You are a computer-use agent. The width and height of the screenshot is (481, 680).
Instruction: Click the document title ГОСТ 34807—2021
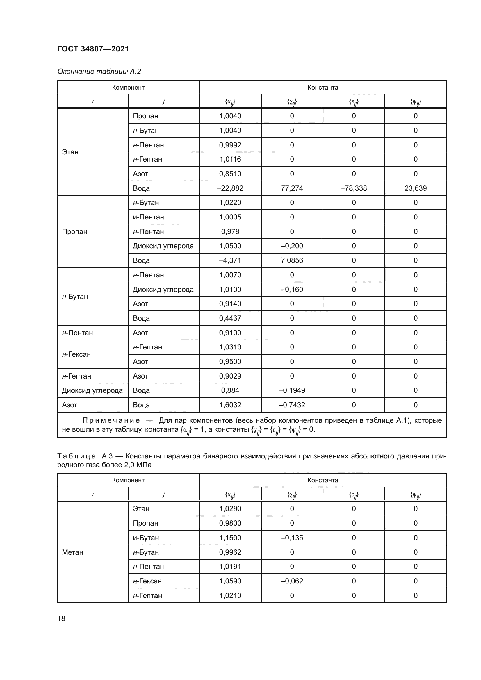click(x=93, y=49)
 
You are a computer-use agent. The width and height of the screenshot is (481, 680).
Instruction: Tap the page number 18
click(x=61, y=618)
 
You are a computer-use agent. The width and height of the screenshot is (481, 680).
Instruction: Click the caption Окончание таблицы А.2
click(x=99, y=72)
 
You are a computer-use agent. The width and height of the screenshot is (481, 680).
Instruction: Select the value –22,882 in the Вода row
click(x=230, y=188)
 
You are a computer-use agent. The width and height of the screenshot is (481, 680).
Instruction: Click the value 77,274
click(x=292, y=188)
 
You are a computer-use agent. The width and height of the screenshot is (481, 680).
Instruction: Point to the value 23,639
click(x=415, y=188)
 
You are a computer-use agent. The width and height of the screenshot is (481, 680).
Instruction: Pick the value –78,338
click(x=354, y=188)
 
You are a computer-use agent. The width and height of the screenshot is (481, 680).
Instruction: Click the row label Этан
click(x=70, y=152)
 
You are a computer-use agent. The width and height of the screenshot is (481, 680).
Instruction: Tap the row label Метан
click(x=73, y=552)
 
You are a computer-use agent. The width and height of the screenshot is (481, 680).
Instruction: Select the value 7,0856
click(x=292, y=260)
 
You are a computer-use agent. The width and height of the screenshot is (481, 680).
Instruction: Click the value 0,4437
click(x=230, y=318)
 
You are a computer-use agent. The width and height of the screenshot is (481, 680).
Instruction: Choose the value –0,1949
click(x=292, y=390)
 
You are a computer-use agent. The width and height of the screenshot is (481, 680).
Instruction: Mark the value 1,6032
click(x=230, y=405)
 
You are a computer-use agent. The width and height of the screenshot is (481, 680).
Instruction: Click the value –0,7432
click(x=292, y=405)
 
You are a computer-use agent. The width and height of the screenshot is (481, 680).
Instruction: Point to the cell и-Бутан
click(x=146, y=538)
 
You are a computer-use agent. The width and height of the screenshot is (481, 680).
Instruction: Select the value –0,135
click(x=292, y=538)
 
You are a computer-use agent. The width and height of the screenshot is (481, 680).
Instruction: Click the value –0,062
click(x=292, y=581)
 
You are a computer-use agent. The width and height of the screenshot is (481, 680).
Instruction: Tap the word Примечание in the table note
click(x=111, y=420)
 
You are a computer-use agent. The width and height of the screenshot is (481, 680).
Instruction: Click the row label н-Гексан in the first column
click(x=76, y=354)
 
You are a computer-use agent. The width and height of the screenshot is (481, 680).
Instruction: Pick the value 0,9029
click(x=230, y=376)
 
